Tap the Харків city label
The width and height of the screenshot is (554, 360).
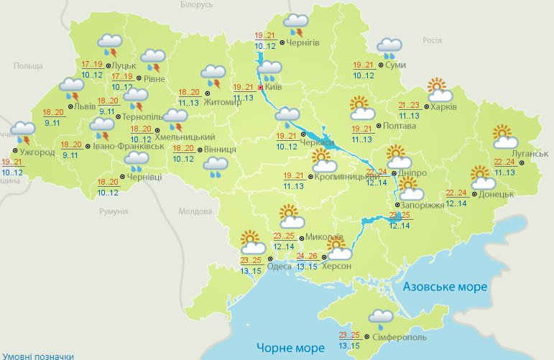445,107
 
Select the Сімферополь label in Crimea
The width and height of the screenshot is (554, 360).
400,337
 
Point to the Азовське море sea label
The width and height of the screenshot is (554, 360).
445,287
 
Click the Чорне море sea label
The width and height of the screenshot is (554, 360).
290,348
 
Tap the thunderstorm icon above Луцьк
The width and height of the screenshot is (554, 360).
109,45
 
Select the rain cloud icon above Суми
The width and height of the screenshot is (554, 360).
389,47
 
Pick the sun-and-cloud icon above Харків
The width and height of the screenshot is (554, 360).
439,90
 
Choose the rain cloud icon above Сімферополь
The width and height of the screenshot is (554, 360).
381,318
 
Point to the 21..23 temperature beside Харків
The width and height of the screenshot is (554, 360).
409,105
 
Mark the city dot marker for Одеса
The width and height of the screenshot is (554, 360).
271,258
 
